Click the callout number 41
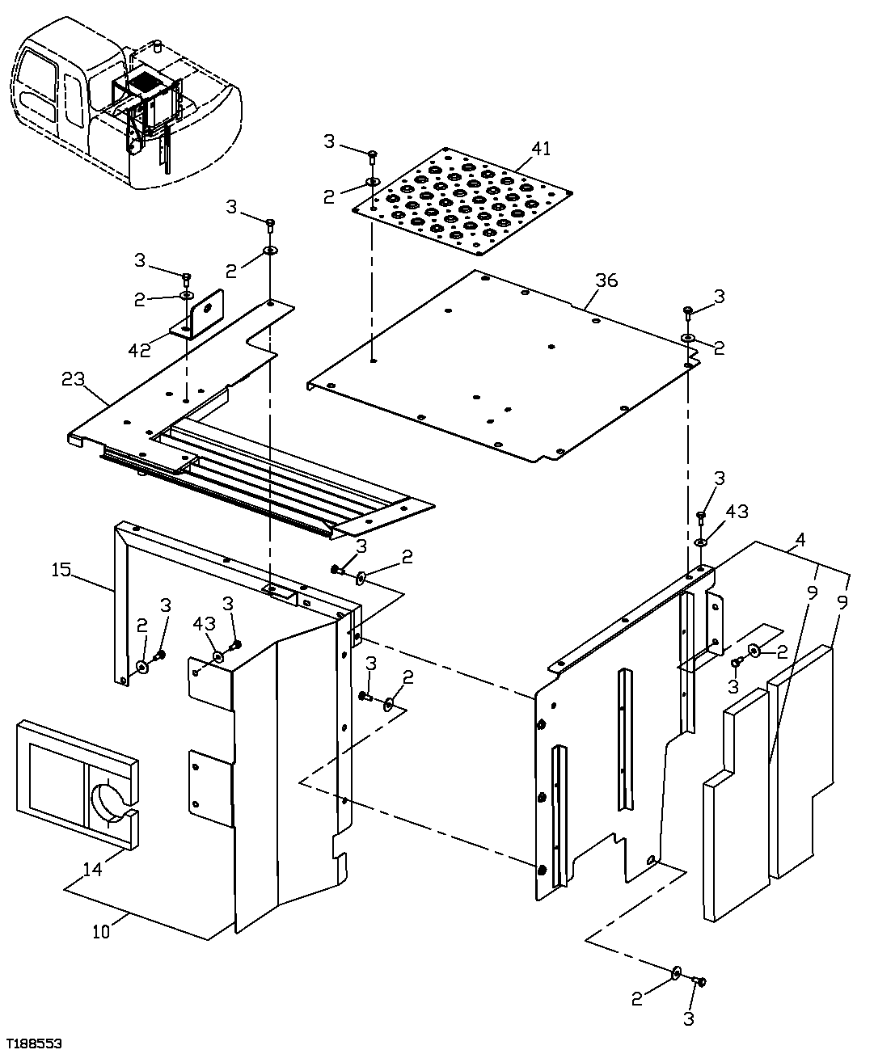coord(541,149)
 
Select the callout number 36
coord(606,280)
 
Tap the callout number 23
coord(73,378)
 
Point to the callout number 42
coord(140,349)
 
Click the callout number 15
coord(61,570)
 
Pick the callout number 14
coord(93,870)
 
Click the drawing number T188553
coord(34,1043)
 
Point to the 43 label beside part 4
coord(737,512)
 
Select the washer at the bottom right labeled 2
coord(676,971)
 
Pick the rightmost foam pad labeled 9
coord(800,760)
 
